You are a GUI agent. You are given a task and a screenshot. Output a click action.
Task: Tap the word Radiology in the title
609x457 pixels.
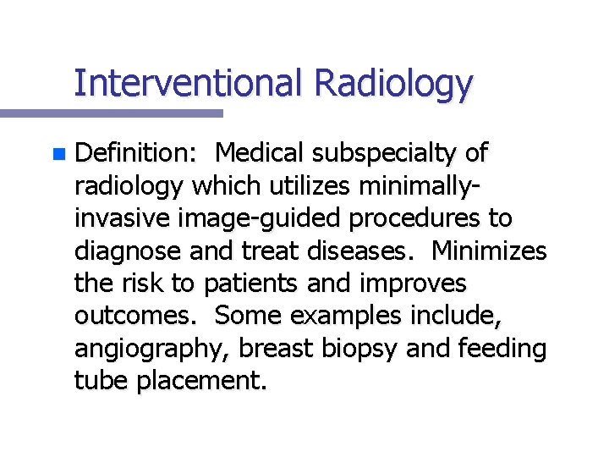392,83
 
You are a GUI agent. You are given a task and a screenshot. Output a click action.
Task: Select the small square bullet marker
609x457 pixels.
57,155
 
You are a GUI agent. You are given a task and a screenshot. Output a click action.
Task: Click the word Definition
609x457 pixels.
136,154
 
